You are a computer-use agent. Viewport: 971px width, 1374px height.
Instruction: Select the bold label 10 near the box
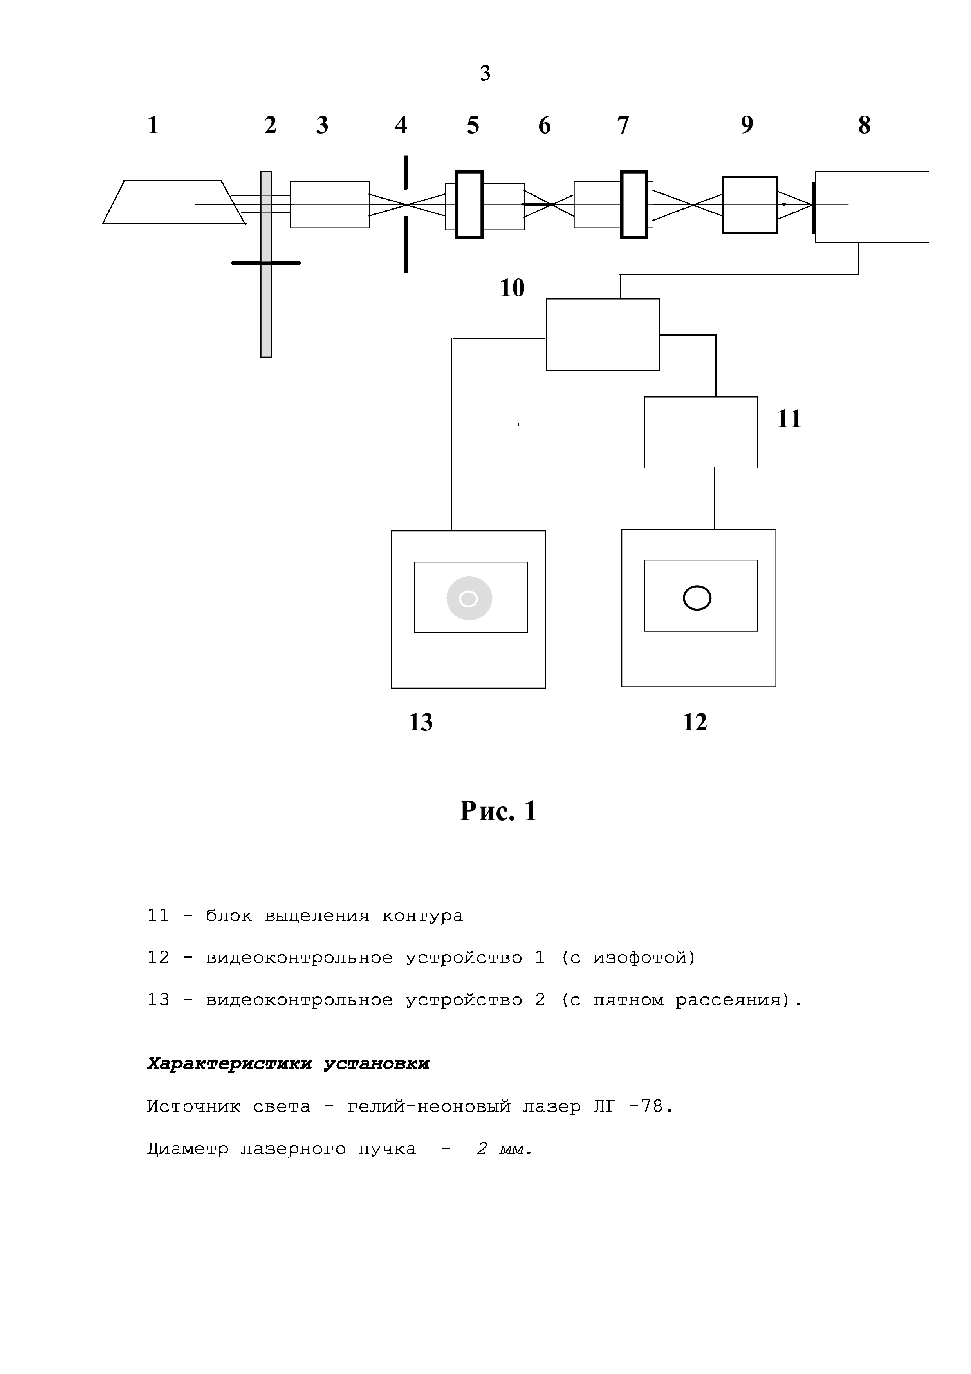(x=512, y=288)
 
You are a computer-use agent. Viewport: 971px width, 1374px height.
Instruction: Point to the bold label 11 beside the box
(x=789, y=419)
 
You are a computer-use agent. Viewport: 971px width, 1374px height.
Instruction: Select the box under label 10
(x=603, y=334)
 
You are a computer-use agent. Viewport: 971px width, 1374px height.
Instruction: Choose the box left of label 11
(x=700, y=432)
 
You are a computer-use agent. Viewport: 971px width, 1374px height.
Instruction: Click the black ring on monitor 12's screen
(x=697, y=598)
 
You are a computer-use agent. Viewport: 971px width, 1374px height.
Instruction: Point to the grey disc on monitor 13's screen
(x=469, y=598)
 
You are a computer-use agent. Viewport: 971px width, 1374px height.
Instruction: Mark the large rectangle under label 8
(x=872, y=207)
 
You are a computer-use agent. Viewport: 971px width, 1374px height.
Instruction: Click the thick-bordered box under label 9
(x=750, y=205)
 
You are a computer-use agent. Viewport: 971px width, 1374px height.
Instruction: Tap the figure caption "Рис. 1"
(x=498, y=812)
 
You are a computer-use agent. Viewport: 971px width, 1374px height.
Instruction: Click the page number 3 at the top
(x=485, y=74)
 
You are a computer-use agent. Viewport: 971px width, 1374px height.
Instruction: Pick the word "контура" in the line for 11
(x=422, y=916)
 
